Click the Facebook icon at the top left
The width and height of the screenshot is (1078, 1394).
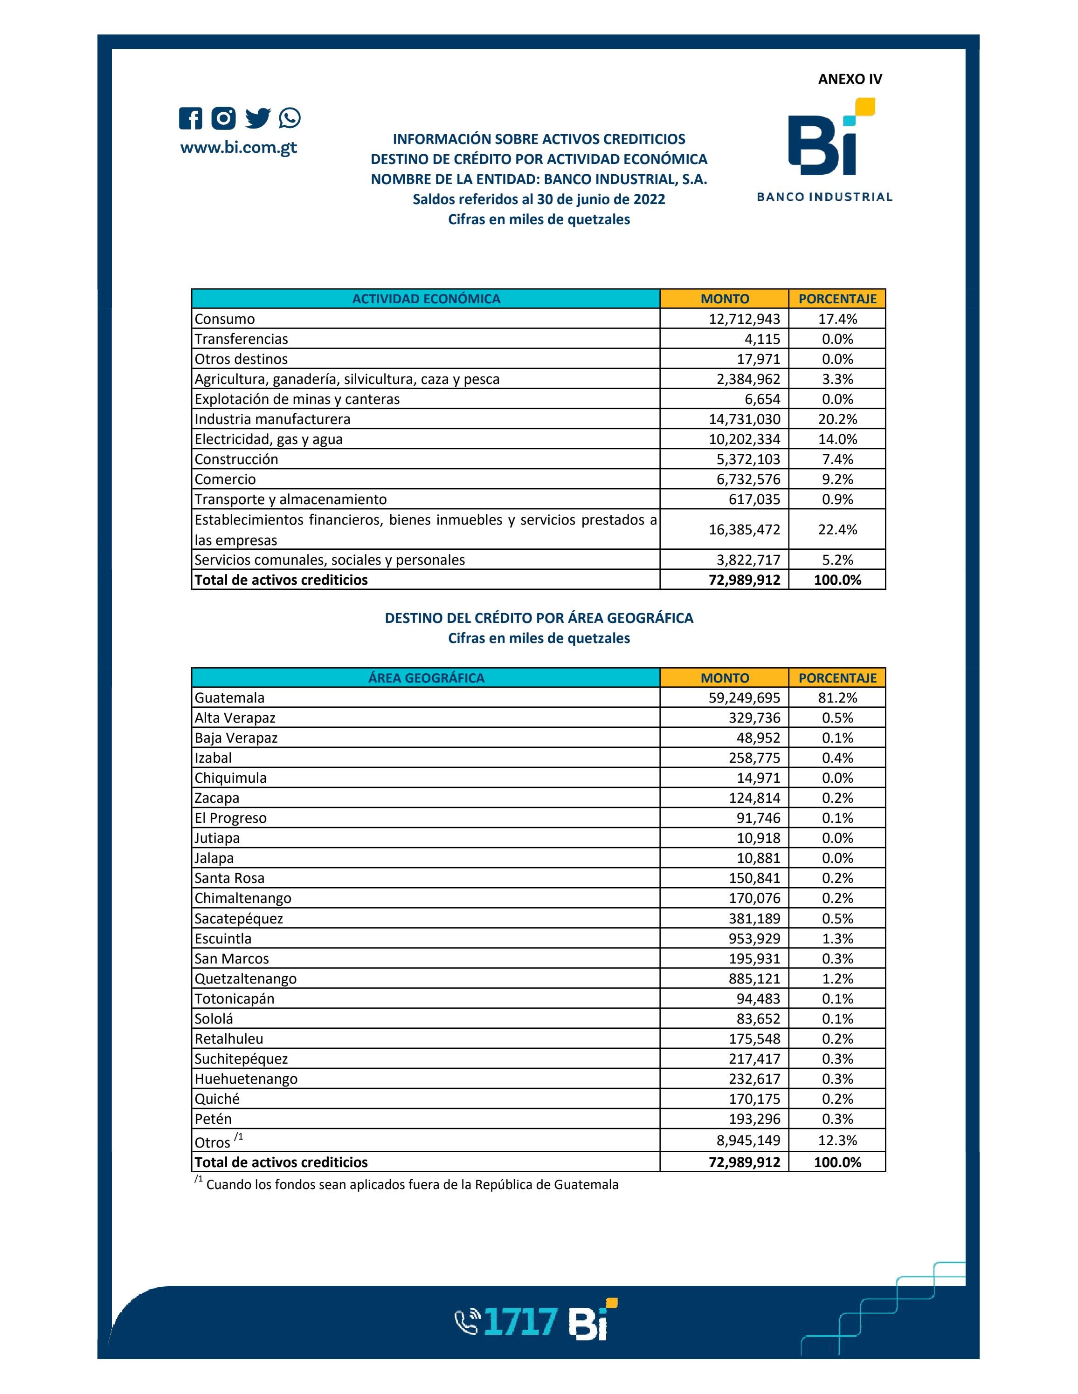tap(190, 118)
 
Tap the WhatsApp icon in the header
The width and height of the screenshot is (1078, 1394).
tap(289, 118)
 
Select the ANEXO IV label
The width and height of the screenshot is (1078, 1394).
tap(850, 79)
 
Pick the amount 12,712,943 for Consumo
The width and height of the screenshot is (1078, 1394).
tap(744, 319)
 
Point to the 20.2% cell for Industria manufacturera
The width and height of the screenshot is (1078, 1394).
tap(837, 419)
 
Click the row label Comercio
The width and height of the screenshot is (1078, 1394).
tap(225, 479)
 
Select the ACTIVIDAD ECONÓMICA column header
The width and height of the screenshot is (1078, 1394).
tap(426, 299)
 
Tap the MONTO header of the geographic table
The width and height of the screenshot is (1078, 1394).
tap(725, 678)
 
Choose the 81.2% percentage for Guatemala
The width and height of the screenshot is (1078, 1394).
tap(837, 697)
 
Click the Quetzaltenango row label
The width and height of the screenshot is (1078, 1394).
tap(245, 978)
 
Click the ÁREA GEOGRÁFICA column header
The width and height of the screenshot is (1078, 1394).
tap(426, 678)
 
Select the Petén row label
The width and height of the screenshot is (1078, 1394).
tap(213, 1119)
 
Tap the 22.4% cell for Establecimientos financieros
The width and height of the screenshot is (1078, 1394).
tap(837, 529)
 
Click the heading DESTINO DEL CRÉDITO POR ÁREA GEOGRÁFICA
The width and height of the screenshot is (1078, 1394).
tap(539, 618)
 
